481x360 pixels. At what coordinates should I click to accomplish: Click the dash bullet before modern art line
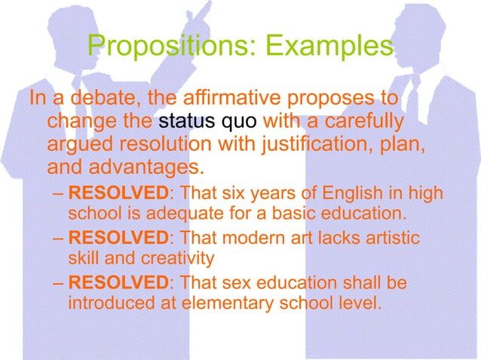(60, 238)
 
